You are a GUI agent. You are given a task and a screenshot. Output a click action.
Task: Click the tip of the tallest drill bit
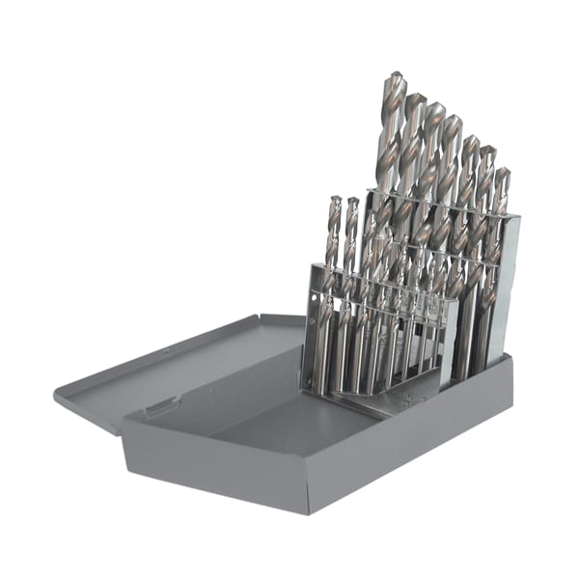395,74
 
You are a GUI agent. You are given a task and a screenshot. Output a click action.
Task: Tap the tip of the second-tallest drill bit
416,96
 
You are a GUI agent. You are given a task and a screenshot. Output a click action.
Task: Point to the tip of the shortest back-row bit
501,172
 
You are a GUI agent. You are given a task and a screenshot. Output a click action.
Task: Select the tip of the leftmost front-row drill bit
334,200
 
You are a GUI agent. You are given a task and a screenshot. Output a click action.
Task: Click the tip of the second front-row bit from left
353,202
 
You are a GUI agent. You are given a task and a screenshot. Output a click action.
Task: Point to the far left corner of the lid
56,392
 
